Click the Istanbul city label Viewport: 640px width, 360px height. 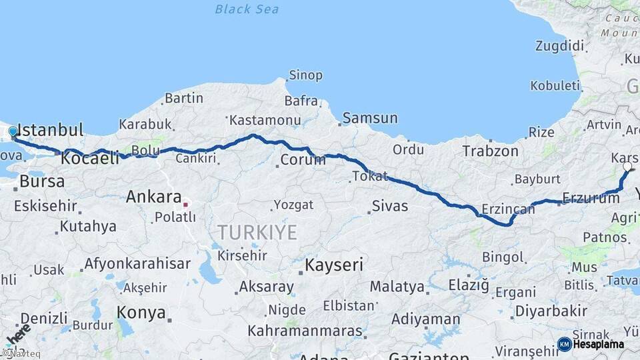point(50,130)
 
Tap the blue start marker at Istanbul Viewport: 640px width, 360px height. point(13,131)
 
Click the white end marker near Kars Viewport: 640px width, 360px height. point(627,167)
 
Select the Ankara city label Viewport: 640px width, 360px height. point(154,197)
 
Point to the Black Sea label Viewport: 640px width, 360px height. point(247,9)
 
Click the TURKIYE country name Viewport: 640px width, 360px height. point(256,233)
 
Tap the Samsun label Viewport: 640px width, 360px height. point(370,119)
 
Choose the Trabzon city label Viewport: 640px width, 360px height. point(490,151)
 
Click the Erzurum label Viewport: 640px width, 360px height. point(591,198)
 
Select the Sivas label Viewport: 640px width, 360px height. point(390,206)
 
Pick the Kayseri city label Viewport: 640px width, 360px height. point(334,265)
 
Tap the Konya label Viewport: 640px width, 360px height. point(141,312)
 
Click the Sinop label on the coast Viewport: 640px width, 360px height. point(305,76)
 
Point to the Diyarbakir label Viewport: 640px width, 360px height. point(551,311)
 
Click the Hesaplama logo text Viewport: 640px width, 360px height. point(599,345)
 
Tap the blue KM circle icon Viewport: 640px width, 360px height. point(564,345)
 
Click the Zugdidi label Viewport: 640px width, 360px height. point(559,46)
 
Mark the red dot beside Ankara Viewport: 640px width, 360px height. point(186,204)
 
